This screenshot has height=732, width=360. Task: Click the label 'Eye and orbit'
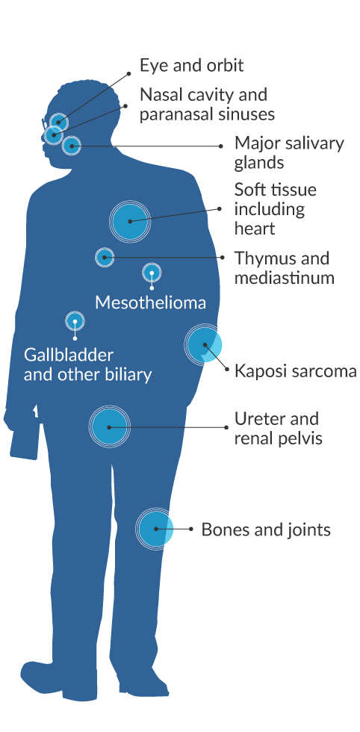191,66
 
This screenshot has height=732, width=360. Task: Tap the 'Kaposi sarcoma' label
296,371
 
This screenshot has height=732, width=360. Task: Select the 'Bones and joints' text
266,530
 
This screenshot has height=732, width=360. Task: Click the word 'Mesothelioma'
150,303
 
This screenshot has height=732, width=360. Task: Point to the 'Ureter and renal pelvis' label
279,429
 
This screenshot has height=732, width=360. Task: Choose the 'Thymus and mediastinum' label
284,267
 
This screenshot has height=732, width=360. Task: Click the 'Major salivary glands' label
289,152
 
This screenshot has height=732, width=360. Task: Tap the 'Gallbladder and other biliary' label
88,365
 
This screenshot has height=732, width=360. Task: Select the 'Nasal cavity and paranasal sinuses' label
207,104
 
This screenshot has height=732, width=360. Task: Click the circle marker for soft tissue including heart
130,221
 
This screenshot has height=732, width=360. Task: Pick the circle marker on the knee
155,529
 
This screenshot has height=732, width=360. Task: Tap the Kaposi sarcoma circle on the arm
203,344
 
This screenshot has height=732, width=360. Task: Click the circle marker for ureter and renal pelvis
109,427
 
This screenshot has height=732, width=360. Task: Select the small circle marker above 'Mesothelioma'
152,273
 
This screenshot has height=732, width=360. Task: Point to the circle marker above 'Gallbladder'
75,321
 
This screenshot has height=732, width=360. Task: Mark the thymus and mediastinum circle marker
105,257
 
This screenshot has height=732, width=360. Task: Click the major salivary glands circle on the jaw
72,146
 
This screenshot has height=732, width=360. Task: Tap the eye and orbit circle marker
58,122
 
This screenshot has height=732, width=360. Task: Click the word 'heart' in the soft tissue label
255,229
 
